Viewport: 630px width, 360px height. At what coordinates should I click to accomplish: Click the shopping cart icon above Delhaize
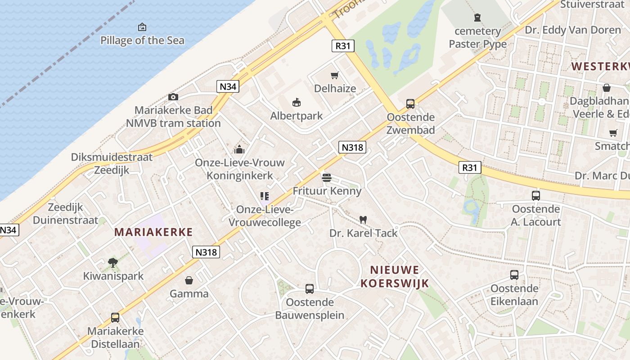(x=334, y=75)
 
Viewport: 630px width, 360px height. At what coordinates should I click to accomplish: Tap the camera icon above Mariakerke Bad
(x=173, y=97)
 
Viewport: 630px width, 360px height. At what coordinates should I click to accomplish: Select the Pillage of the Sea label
(x=142, y=40)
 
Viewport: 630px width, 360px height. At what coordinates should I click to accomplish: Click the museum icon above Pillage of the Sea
(x=142, y=27)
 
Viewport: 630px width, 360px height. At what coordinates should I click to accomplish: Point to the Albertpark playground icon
(x=296, y=103)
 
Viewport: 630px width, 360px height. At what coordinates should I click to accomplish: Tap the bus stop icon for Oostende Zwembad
(x=410, y=104)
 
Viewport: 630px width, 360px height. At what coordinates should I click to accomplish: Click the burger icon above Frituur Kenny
(x=327, y=177)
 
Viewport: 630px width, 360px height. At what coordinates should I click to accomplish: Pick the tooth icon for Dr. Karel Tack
(x=363, y=220)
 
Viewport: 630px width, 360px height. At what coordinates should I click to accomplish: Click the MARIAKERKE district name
(x=153, y=232)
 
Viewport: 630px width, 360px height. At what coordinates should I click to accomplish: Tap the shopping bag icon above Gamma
(x=189, y=280)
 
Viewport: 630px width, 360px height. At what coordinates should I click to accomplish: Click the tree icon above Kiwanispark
(x=113, y=262)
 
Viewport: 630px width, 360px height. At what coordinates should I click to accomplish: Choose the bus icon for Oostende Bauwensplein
(x=310, y=288)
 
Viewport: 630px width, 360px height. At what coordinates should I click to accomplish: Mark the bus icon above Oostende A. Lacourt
(x=536, y=196)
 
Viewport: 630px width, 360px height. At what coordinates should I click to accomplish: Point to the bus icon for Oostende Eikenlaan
(x=514, y=275)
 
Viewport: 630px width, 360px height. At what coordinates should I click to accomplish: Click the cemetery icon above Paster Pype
(x=477, y=18)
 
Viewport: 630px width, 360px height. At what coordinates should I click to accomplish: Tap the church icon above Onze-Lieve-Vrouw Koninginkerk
(x=239, y=149)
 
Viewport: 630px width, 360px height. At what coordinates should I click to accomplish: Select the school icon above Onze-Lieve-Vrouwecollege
(x=265, y=196)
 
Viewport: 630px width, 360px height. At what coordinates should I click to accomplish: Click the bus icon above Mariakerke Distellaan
(x=115, y=318)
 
